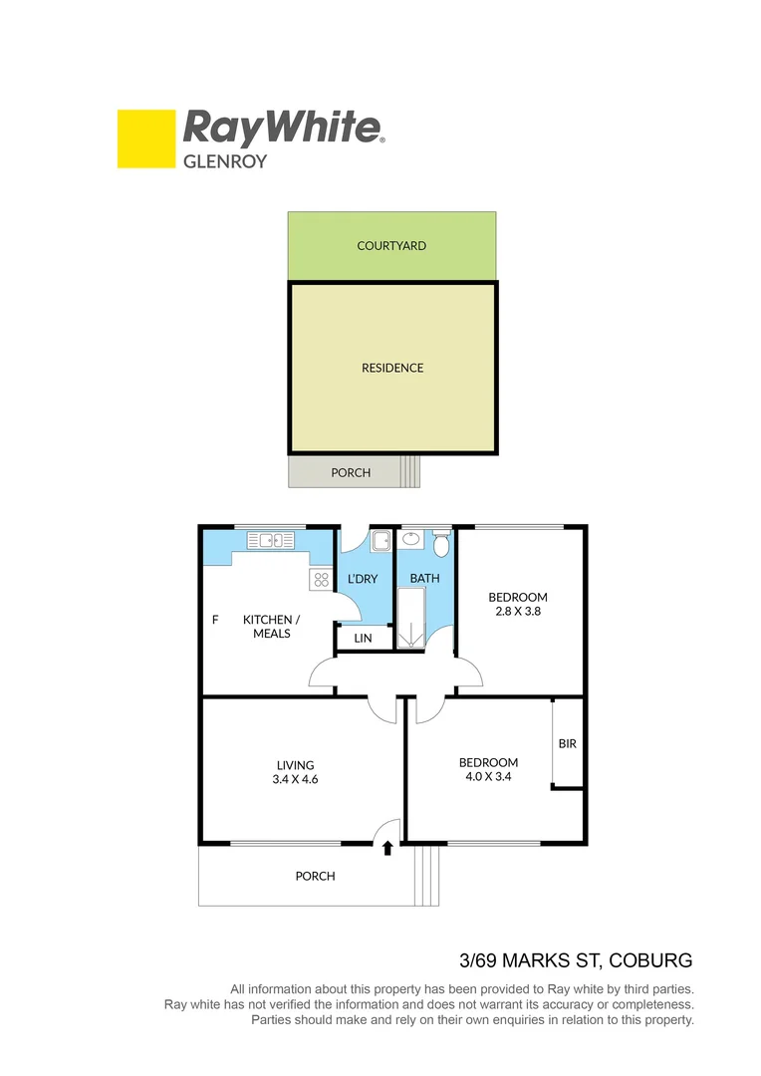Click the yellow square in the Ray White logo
[x=145, y=138]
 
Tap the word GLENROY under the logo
[x=224, y=160]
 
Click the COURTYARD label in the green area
[x=391, y=245]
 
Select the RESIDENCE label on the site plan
[x=391, y=368]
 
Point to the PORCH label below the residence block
[x=351, y=473]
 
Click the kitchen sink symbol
[x=271, y=540]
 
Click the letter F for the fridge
[x=214, y=620]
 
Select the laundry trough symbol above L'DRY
[x=381, y=541]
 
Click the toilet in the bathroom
[x=441, y=544]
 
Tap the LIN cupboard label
[x=363, y=638]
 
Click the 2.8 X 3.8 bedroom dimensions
[x=517, y=612]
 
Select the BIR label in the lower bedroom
[x=568, y=743]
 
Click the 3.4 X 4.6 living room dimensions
[x=295, y=780]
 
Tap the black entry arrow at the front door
[x=387, y=848]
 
